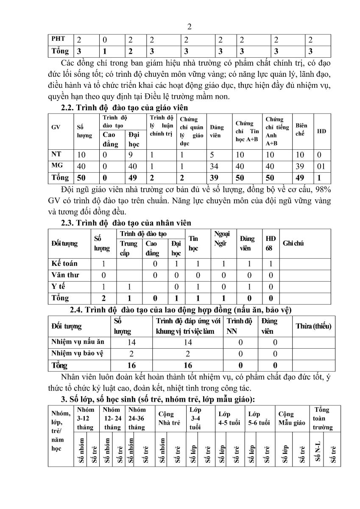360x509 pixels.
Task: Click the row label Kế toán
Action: click(x=64, y=264)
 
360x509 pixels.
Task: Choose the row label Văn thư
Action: click(x=65, y=275)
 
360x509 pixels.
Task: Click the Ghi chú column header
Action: click(x=293, y=243)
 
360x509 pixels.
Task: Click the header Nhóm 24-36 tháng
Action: click(x=137, y=419)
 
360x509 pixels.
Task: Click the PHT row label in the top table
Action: click(x=59, y=39)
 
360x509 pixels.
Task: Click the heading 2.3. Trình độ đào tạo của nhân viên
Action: click(x=126, y=223)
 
